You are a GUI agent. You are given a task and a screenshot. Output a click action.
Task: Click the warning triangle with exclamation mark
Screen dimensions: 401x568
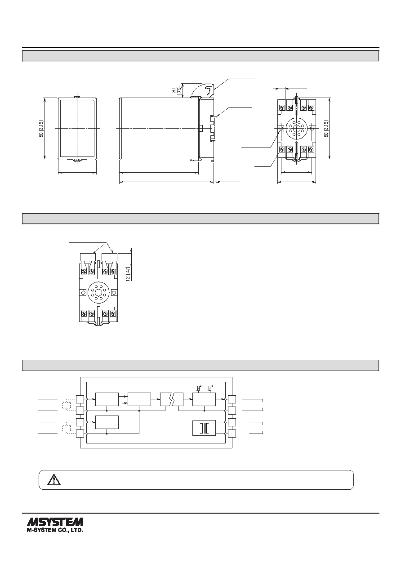[54, 479]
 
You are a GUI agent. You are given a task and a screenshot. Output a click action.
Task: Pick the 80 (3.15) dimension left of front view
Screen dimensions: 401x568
[41, 129]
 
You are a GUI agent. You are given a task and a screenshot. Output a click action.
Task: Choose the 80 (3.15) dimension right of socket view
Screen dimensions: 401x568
[326, 129]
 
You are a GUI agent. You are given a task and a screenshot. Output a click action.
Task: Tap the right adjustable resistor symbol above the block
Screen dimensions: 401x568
[210, 388]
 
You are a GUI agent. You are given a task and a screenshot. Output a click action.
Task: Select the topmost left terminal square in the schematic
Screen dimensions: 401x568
[80, 399]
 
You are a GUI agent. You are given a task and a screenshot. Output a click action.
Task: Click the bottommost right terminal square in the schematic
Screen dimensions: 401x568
[232, 434]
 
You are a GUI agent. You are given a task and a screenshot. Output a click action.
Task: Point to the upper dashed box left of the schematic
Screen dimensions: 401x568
[66, 405]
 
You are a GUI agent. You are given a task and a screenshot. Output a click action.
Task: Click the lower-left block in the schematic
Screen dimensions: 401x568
[107, 422]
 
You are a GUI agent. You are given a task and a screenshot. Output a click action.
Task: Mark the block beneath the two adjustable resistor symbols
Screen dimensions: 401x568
[204, 399]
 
